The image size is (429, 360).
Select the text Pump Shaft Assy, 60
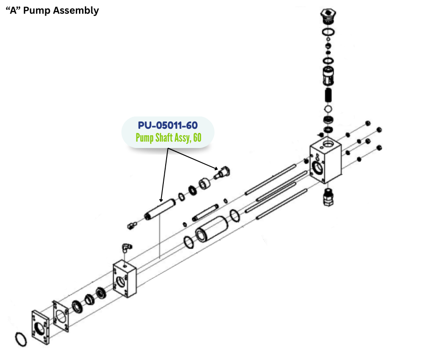point(168,138)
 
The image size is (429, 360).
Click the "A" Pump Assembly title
point(52,11)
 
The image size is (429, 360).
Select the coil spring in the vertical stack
point(328,96)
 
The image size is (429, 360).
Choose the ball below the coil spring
point(328,109)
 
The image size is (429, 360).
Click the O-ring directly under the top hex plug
point(328,32)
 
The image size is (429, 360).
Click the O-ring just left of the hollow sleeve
point(189,242)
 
